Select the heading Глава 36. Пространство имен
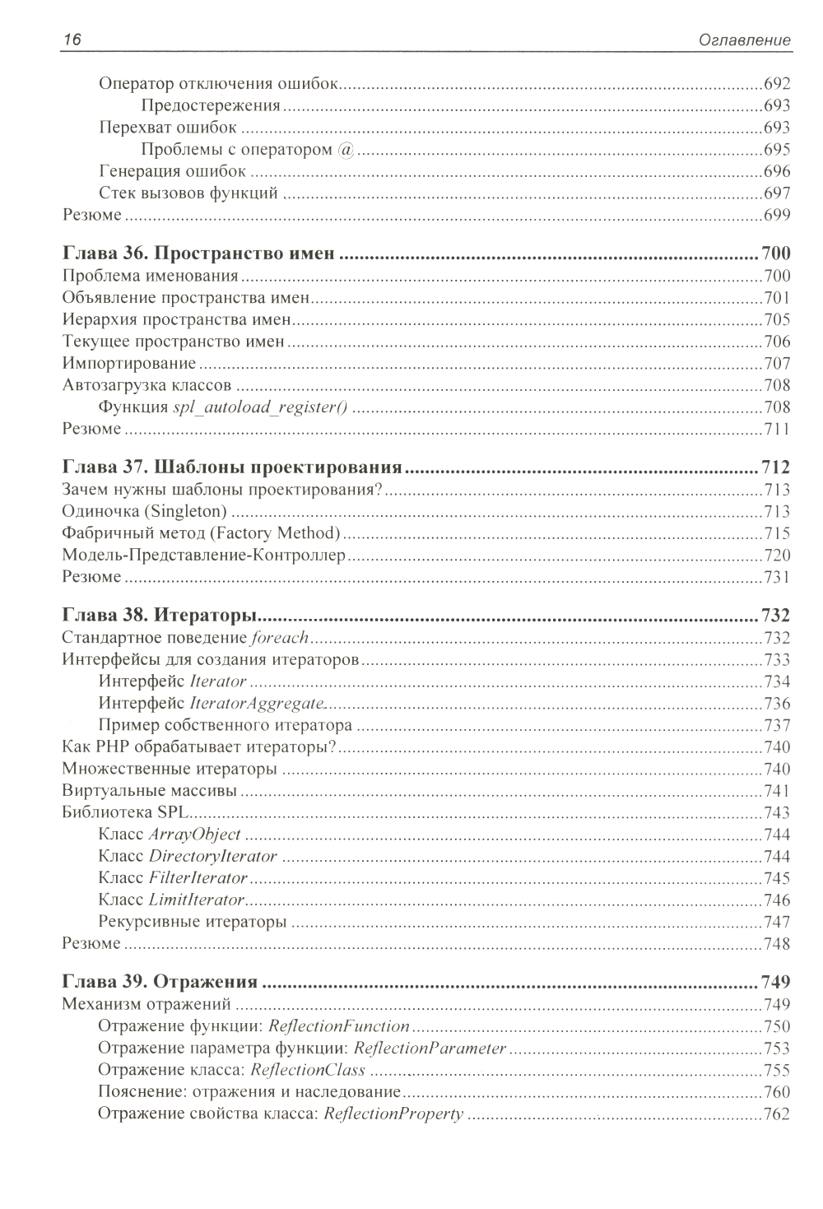point(199,253)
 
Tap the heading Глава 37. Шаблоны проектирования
point(232,468)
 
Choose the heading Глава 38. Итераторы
point(161,616)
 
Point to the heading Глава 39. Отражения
point(160,982)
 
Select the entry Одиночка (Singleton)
point(145,512)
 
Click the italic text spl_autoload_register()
point(264,407)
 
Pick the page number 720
point(776,556)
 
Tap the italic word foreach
point(280,638)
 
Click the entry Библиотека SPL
point(122,813)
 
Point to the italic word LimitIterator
point(197,900)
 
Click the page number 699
point(776,216)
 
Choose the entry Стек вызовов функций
point(188,194)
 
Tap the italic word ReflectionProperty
point(393,1114)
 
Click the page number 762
point(776,1114)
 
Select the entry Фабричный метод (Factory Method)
point(202,533)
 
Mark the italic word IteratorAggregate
point(257,704)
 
